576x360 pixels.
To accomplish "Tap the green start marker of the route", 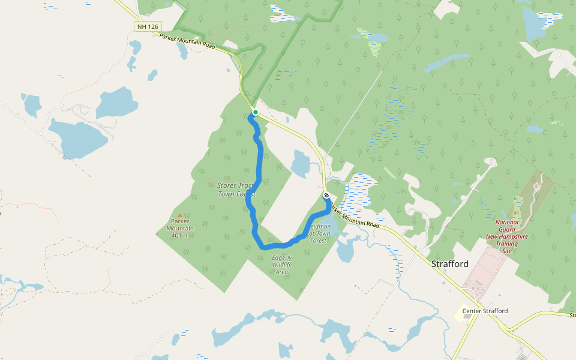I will pos(255,112).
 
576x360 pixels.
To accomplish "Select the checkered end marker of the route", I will pos(326,196).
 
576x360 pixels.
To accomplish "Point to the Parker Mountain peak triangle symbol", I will pos(180,215).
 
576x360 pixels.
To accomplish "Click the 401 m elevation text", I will pos(180,235).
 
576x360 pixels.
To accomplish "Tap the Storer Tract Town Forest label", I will pos(236,190).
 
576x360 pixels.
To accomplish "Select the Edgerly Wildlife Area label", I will pos(281,265).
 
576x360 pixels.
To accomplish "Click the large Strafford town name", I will pos(450,264).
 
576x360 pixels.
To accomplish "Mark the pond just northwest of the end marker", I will pos(300,164).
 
